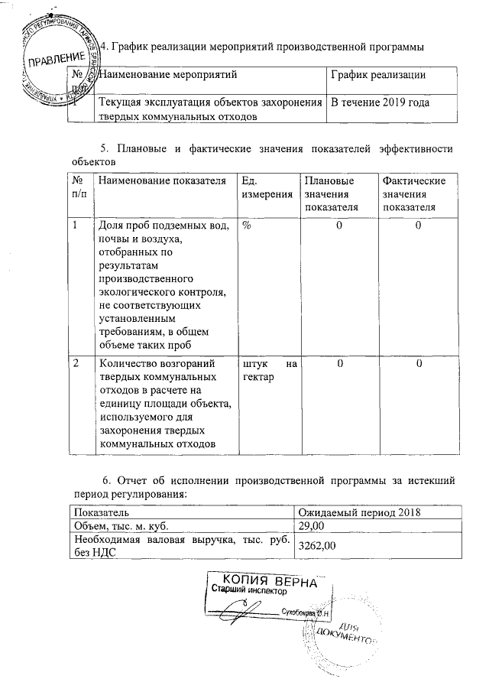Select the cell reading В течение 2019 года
pyautogui.click(x=378, y=102)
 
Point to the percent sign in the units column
pyautogui.click(x=247, y=226)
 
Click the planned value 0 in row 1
pyautogui.click(x=338, y=226)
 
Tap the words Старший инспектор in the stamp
pyautogui.click(x=249, y=592)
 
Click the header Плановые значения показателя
pyautogui.click(x=329, y=193)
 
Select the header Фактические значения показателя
pyautogui.click(x=413, y=193)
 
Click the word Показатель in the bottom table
pyautogui.click(x=96, y=511)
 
